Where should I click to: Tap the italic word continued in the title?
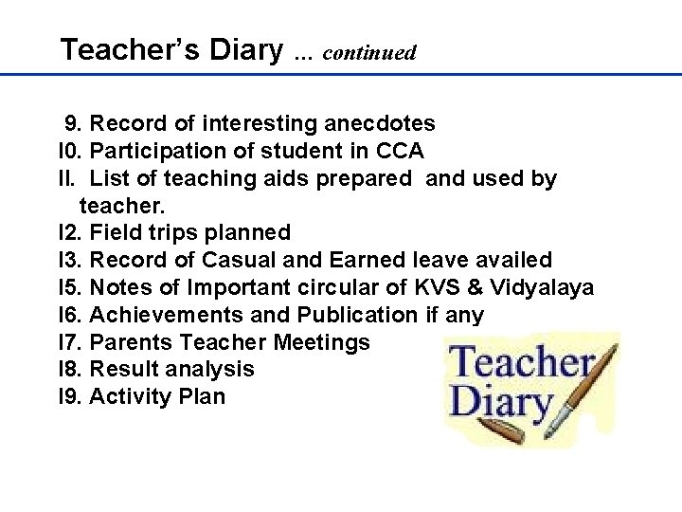tap(368, 52)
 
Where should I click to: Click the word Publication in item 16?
tap(356, 315)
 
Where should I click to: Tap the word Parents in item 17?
tap(131, 341)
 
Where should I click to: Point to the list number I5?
tap(70, 287)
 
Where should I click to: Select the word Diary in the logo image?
tap(501, 403)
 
